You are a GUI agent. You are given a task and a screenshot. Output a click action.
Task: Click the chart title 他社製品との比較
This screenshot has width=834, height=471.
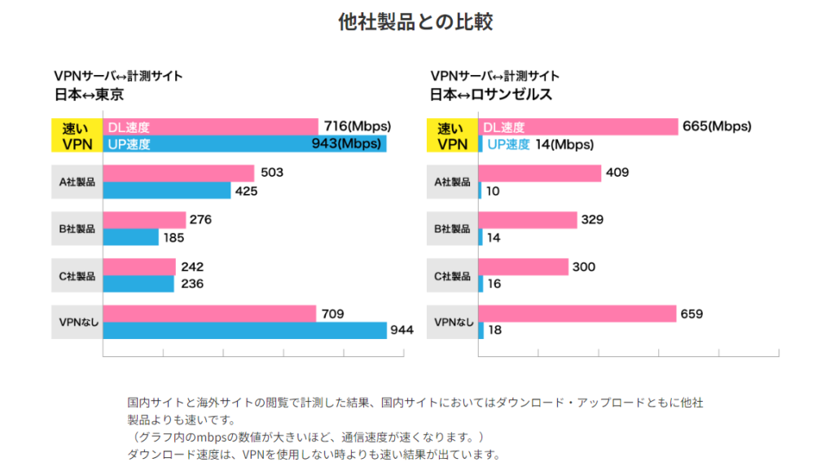(x=415, y=22)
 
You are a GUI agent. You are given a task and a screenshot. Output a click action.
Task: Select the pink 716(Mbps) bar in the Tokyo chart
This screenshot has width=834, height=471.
(x=210, y=127)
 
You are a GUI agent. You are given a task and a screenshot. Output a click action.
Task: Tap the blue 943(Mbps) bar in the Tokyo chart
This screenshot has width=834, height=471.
(x=244, y=144)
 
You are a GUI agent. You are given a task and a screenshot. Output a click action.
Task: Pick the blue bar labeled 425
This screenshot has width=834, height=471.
(x=167, y=191)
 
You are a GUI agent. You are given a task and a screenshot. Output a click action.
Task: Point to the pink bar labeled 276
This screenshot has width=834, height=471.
(x=144, y=220)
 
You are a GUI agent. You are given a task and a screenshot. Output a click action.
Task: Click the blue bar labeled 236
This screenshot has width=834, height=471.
(x=138, y=284)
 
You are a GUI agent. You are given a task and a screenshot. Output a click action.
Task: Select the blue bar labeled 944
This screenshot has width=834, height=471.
(x=244, y=330)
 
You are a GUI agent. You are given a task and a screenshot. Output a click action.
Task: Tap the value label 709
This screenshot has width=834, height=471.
(x=333, y=313)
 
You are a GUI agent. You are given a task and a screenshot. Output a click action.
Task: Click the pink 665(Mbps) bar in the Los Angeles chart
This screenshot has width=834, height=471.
(x=578, y=127)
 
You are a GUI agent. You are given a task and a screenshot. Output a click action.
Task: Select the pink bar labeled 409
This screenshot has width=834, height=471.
(x=540, y=173)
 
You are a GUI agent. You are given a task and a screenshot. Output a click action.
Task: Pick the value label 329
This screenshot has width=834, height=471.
(x=592, y=220)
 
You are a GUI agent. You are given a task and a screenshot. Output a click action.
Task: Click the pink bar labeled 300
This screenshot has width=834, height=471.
(x=524, y=266)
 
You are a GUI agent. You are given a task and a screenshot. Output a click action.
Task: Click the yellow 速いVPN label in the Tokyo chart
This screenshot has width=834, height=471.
(x=77, y=135)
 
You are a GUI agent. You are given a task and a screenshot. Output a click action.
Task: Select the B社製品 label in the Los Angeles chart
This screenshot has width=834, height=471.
(x=453, y=229)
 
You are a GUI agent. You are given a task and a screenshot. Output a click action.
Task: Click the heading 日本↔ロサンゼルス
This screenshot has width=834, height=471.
(x=491, y=95)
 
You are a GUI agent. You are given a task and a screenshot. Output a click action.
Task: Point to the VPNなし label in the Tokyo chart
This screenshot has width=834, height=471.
(x=77, y=322)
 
